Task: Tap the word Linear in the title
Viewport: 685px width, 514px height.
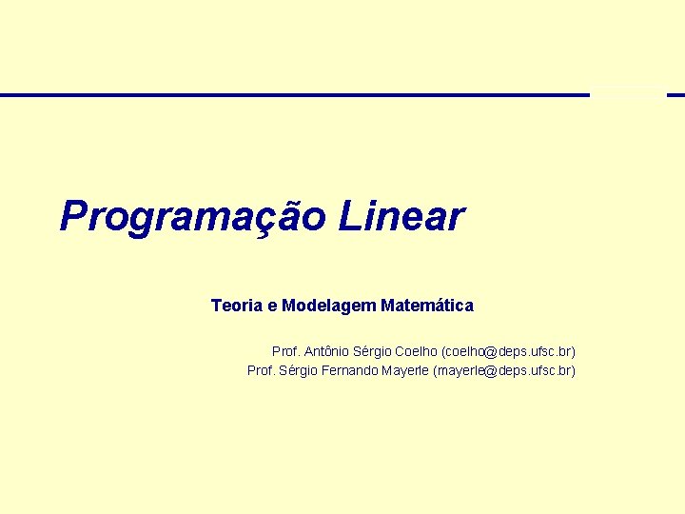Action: pyautogui.click(x=401, y=217)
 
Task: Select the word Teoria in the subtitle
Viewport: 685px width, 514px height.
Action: pyautogui.click(x=237, y=306)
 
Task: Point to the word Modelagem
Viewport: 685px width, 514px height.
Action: pyautogui.click(x=331, y=306)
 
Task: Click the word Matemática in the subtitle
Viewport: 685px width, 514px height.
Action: pyautogui.click(x=426, y=306)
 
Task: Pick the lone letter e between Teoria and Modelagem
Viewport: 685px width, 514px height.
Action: pyautogui.click(x=273, y=306)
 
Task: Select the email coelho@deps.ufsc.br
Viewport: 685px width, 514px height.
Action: pyautogui.click(x=509, y=351)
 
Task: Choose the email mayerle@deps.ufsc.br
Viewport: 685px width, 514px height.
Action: pyautogui.click(x=505, y=370)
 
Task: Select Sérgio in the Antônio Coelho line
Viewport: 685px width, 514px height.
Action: pyautogui.click(x=374, y=351)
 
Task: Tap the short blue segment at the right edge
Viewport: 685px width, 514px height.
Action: pyautogui.click(x=675, y=95)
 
